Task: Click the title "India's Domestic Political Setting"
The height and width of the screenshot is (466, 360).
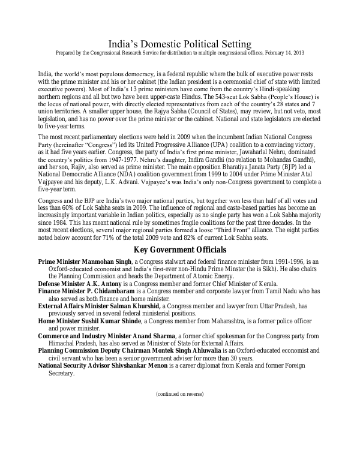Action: click(x=179, y=44)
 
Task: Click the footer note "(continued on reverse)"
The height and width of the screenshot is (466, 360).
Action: click(x=179, y=394)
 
